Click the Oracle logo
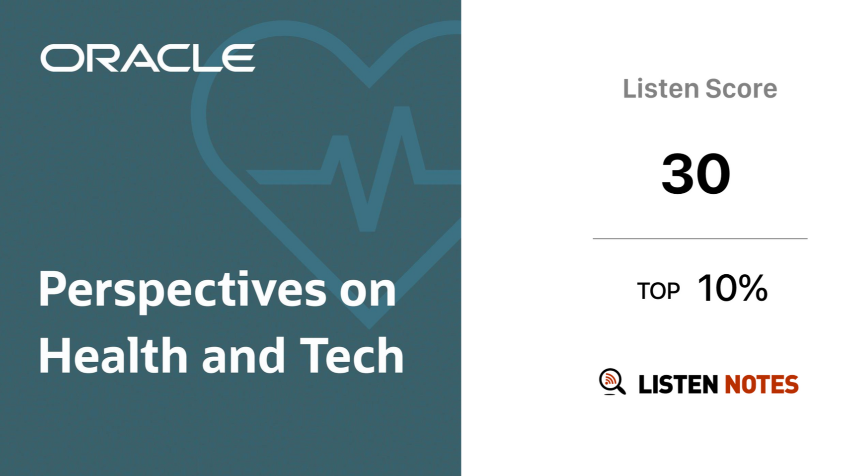point(148,58)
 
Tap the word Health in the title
point(113,355)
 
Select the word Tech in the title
point(352,355)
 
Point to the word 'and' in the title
point(243,355)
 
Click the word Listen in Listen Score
point(661,88)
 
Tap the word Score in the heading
point(741,88)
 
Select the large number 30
point(695,174)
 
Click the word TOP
point(658,291)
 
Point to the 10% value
point(733,288)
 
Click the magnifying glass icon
point(612,382)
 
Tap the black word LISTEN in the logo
point(678,384)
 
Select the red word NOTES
point(762,384)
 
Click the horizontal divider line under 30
point(700,238)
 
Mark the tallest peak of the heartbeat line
point(401,109)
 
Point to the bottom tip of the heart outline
point(369,325)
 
